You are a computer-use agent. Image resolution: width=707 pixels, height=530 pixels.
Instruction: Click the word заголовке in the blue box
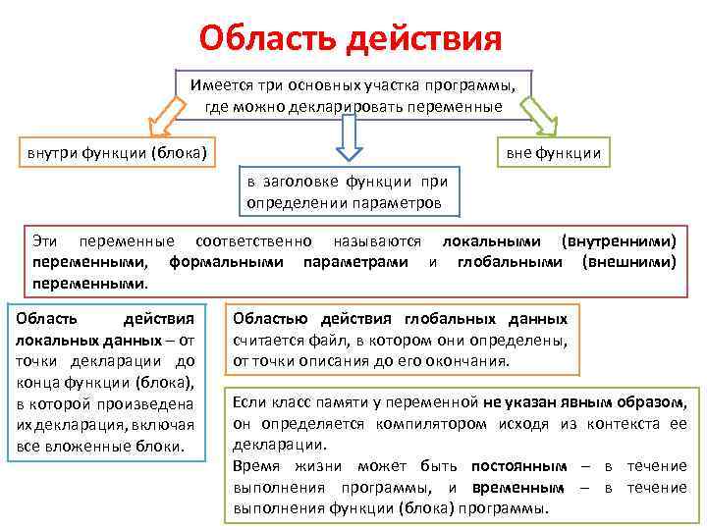click(x=303, y=181)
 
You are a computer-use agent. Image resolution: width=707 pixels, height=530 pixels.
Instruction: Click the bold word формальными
click(x=227, y=262)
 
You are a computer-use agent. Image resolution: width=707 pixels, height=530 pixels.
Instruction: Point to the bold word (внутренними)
click(x=618, y=240)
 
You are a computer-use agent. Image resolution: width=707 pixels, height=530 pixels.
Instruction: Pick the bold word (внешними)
click(x=629, y=262)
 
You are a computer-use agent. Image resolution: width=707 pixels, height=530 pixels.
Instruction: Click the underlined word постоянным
click(x=518, y=466)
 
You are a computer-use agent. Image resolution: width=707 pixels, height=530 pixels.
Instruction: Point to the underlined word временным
click(x=518, y=488)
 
